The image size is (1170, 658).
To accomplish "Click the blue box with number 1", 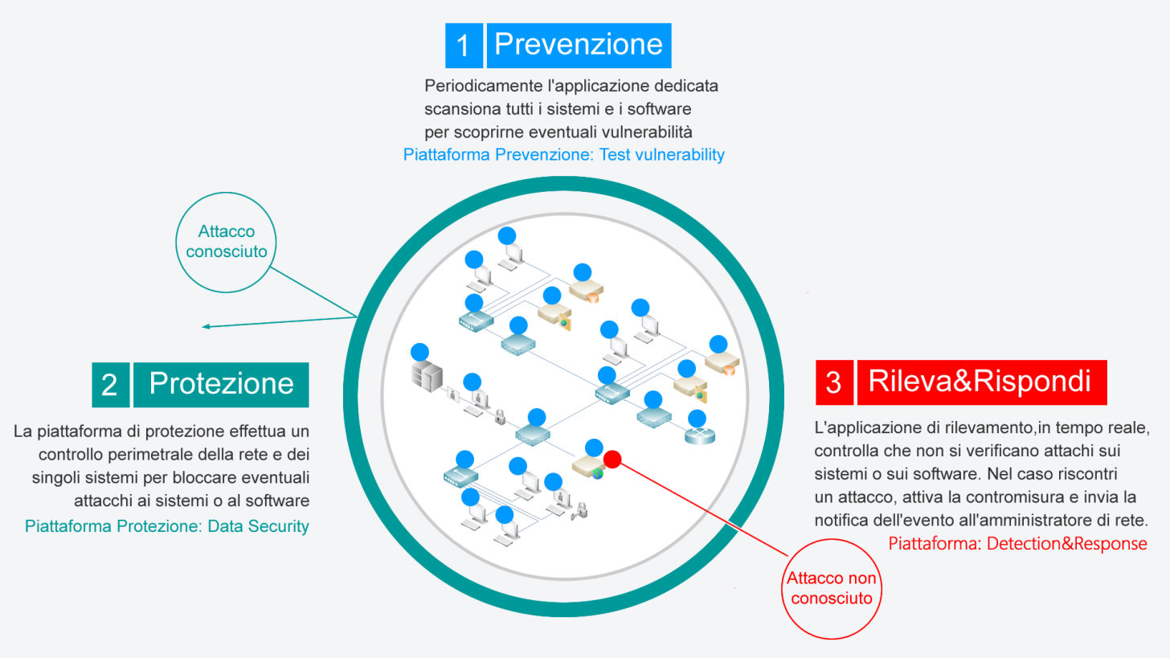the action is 464,46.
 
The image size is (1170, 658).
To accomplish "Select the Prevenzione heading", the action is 579,46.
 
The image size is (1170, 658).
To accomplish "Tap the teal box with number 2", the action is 111,385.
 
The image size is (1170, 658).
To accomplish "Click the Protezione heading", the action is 221,385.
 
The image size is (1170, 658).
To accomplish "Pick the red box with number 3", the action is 834,382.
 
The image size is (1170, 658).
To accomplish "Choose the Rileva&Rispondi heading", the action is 982,382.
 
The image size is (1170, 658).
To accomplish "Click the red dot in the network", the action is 612,460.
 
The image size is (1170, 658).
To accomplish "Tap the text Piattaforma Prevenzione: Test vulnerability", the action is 563,154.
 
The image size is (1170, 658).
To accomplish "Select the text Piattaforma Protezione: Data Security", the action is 166,526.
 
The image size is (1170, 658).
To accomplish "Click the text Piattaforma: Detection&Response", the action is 1017,544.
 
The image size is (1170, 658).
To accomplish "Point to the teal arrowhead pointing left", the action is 206,326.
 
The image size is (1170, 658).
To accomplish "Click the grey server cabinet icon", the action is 427,375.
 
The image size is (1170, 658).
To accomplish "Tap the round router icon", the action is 699,435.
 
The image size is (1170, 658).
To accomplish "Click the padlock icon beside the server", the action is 500,417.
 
